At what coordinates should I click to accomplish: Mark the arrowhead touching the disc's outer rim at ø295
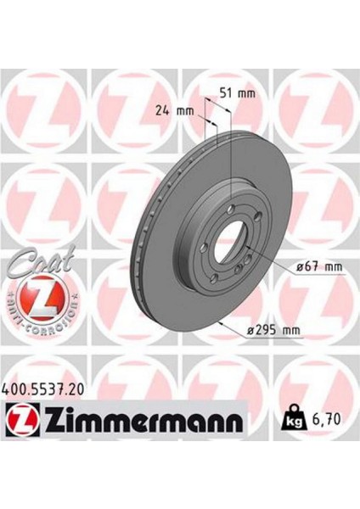tap(222, 322)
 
